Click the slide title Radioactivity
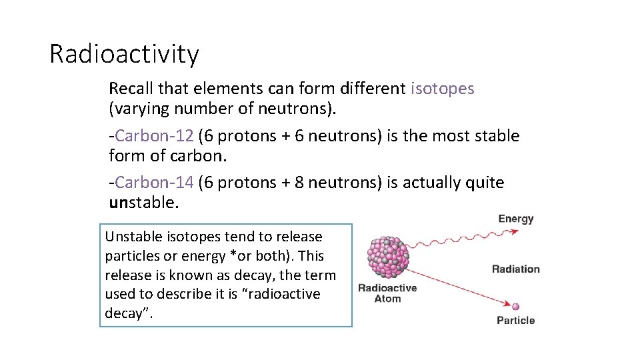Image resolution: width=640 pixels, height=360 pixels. coord(124,54)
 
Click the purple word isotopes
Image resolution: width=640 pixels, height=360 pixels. coord(443,89)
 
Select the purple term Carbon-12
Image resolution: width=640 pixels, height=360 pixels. coord(155,136)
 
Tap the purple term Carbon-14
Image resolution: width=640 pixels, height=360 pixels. coord(155,183)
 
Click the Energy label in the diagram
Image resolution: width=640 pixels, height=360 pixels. coord(515,219)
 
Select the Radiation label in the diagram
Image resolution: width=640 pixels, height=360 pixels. coord(515,269)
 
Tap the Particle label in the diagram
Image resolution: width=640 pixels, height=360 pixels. coord(515,321)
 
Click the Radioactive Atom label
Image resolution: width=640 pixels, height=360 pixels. coord(387,293)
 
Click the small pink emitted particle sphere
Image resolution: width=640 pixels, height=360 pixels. coord(515,307)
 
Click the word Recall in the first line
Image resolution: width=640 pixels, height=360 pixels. coord(128,89)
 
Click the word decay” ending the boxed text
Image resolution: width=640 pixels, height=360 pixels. coord(129,313)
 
